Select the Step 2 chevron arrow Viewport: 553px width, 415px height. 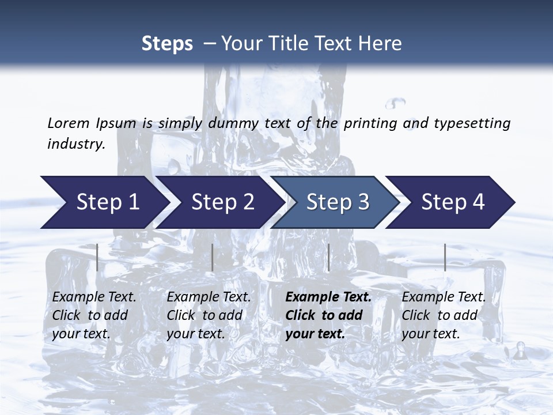219,202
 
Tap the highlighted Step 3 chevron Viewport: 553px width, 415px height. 334,202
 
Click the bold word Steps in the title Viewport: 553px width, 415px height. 167,44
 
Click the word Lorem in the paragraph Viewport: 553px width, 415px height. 68,123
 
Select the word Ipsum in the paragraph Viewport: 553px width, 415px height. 116,123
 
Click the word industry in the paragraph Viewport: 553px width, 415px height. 76,144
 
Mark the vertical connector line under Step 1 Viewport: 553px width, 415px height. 97,257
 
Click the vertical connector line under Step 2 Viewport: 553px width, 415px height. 213,257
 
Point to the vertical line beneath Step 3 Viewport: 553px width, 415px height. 328,257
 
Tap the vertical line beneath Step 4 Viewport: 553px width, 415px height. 445,257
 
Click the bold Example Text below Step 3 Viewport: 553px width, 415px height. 328,315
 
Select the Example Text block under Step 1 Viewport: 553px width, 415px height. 94,315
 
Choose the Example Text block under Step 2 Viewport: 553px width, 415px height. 209,315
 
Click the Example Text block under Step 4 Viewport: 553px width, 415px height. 444,315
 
